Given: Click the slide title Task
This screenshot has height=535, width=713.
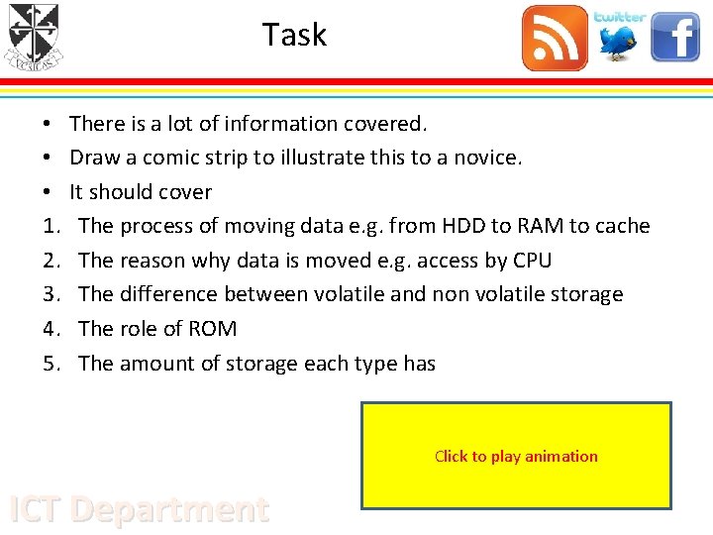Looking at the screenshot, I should (x=294, y=36).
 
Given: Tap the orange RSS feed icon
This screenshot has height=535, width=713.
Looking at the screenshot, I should (x=555, y=39).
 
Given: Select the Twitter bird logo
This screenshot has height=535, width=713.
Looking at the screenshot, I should (x=620, y=38).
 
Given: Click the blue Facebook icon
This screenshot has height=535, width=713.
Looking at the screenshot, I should (x=675, y=38).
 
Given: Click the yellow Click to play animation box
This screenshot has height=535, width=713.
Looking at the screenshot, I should (x=516, y=456).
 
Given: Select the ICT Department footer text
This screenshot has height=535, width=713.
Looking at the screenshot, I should (x=139, y=509).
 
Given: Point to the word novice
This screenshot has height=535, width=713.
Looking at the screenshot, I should (x=486, y=158).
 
